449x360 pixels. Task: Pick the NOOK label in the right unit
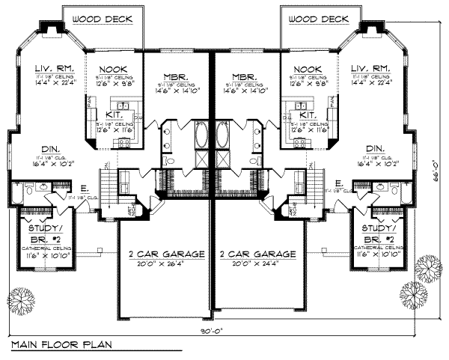point(310,68)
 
